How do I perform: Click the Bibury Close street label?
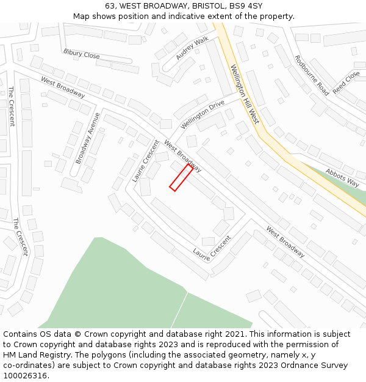[x=81, y=54]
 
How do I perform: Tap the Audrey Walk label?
[x=192, y=48]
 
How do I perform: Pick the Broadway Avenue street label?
[x=87, y=138]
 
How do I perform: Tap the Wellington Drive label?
[x=203, y=115]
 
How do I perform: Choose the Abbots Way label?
[x=342, y=177]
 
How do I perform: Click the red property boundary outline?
[x=181, y=178]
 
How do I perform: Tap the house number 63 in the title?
[x=110, y=6]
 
